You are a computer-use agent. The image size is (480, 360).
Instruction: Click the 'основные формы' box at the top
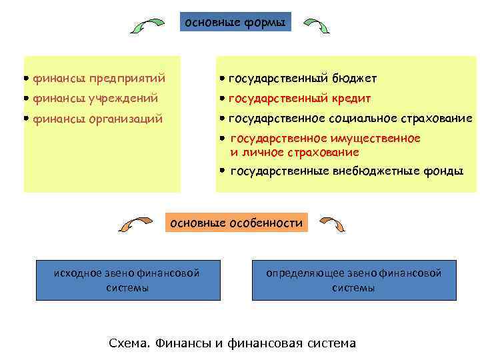click(x=235, y=23)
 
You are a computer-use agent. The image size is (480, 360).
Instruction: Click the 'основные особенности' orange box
click(x=237, y=223)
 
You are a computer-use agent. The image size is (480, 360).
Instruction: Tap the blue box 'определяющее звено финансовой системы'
click(x=353, y=280)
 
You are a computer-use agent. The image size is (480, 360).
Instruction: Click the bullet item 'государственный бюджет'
click(x=302, y=79)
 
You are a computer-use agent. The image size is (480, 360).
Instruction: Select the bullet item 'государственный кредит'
click(x=299, y=99)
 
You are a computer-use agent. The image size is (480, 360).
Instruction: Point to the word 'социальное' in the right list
click(x=370, y=119)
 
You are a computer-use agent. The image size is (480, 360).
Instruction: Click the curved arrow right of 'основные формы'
click(x=317, y=25)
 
